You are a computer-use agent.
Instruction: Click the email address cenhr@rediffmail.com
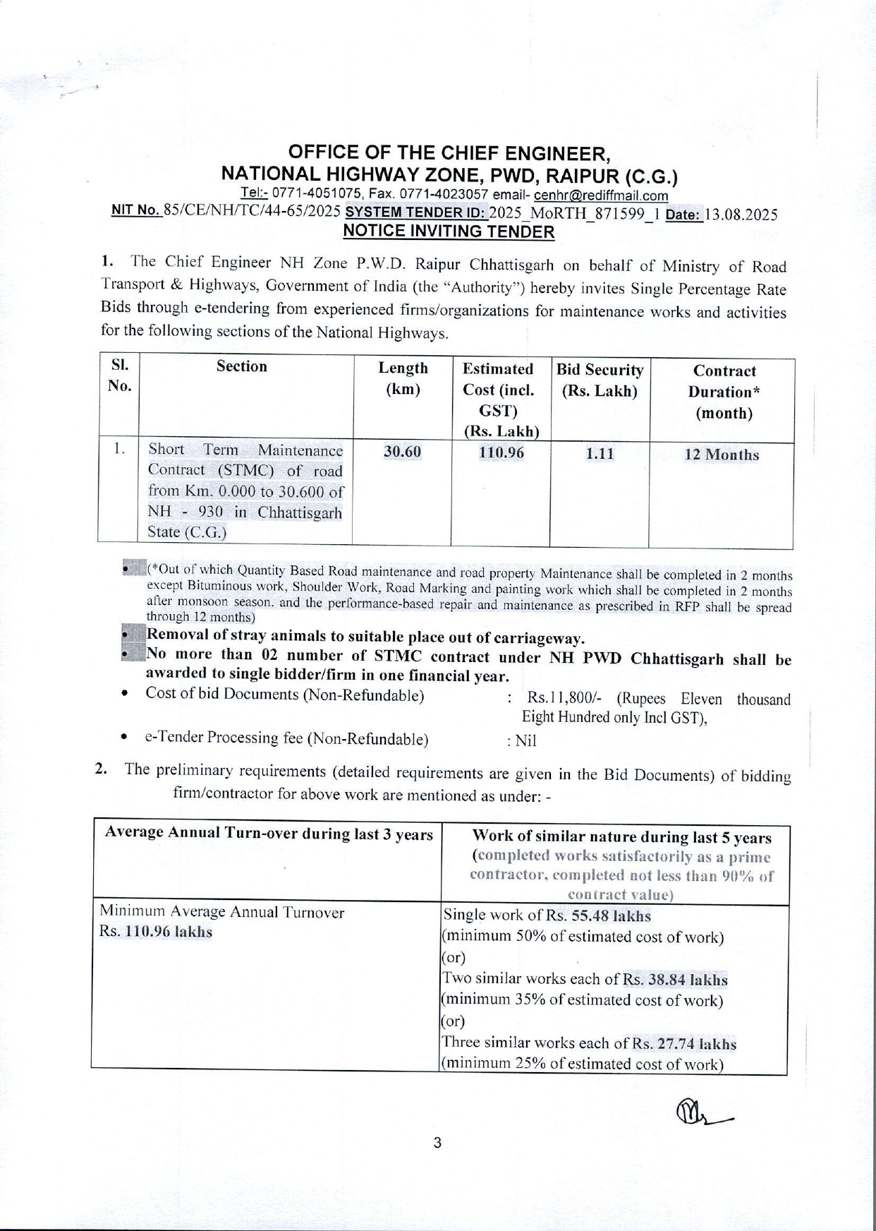coord(601,196)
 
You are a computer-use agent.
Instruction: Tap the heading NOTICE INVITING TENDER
coord(449,232)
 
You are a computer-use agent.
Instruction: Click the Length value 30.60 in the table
coord(402,452)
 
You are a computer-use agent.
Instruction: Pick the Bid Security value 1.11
coord(600,454)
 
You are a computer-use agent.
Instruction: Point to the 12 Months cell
coord(722,455)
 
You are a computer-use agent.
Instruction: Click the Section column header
coord(242,366)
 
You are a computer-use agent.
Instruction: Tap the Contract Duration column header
coord(724,392)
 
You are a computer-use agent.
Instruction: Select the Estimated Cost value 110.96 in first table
coord(501,452)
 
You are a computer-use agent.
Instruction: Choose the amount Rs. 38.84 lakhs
coord(675,980)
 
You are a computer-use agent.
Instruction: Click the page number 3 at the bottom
coord(437,1143)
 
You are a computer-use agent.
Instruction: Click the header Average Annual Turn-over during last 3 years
coord(268,834)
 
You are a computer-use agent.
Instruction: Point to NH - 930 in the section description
coord(185,512)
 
